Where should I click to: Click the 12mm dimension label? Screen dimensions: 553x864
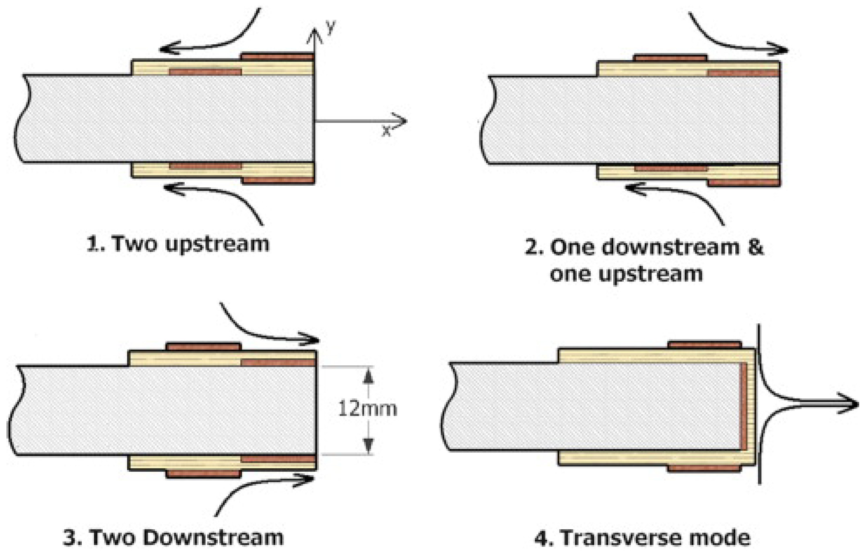coord(367,409)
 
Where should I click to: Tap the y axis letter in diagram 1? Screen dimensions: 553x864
coord(331,27)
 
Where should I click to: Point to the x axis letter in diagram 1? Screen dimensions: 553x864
coord(386,130)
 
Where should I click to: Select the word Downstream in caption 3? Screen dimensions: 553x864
coord(213,537)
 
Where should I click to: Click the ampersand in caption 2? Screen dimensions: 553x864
coord(755,246)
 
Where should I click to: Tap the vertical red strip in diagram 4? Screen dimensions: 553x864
coord(744,406)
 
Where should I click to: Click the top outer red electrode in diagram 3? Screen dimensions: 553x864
coord(204,347)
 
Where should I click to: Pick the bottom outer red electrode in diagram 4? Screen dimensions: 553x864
coord(704,468)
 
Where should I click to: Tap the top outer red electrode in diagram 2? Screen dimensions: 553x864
coord(670,58)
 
